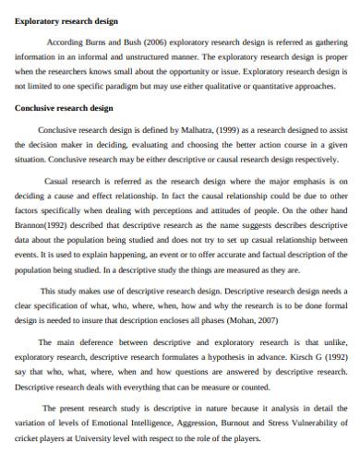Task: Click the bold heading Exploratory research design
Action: pyautogui.click(x=66, y=19)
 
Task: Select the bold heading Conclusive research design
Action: pyautogui.click(x=64, y=107)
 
